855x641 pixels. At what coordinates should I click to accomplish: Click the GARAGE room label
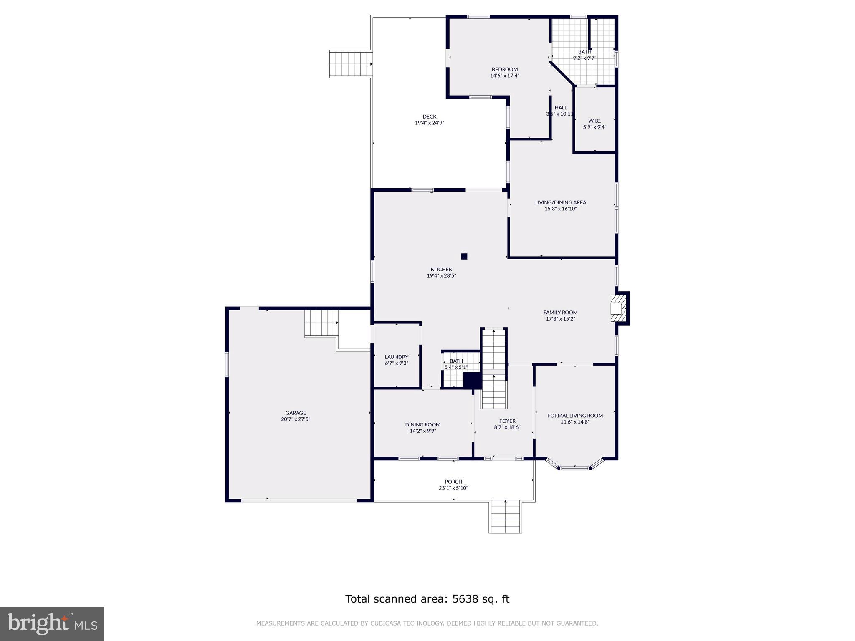coord(296,413)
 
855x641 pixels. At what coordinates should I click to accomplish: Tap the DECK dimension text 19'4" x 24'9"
coord(429,123)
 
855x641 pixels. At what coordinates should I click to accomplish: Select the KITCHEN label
coord(441,269)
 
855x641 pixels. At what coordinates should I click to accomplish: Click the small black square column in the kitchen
coord(464,256)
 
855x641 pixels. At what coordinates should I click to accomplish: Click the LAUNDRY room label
coord(396,357)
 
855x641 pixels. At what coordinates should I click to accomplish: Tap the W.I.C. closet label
coord(594,121)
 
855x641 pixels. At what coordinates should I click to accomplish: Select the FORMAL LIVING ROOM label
coord(575,416)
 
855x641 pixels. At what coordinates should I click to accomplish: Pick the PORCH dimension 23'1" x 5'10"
coord(453,488)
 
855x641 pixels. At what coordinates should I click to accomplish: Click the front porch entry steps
coord(505,517)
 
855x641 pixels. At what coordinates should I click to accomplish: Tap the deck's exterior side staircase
coord(351,64)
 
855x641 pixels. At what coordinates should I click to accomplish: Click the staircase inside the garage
coord(321,323)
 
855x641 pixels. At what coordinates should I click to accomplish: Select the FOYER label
coord(507,421)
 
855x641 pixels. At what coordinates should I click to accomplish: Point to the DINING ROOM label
coord(422,425)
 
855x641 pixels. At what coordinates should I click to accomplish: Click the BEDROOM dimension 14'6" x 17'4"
coord(504,76)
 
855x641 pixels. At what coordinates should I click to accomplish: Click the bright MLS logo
coord(52,623)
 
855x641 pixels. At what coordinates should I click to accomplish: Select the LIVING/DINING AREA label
coord(560,202)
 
